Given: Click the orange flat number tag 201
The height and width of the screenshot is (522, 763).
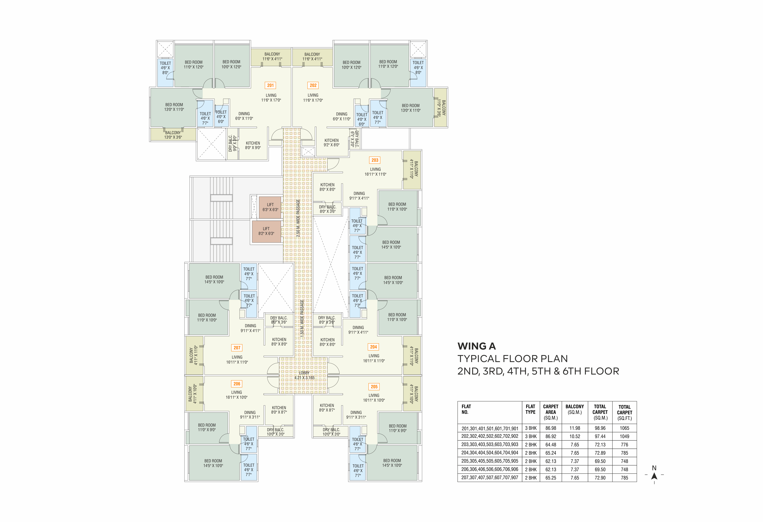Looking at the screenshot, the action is tap(270, 85).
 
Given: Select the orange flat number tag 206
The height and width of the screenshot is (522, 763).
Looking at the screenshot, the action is tap(237, 384).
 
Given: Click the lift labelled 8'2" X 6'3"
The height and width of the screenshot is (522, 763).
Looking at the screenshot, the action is tap(266, 231).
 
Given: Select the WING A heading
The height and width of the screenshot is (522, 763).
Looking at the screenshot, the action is tap(477, 346).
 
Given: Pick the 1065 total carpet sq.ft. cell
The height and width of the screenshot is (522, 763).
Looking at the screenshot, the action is tap(624, 428).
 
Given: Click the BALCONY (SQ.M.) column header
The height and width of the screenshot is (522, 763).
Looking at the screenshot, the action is tap(575, 409).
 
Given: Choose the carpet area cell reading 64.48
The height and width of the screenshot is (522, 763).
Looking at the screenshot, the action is tap(551, 445).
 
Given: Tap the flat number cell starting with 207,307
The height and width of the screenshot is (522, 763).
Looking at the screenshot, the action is tap(490, 478).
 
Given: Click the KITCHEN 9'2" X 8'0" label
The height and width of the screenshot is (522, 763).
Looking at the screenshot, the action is tap(332, 143).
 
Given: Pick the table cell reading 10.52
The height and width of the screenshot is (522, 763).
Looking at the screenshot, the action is tap(575, 436).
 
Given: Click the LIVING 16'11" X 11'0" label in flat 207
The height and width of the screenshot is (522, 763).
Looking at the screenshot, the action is tap(237, 360).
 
